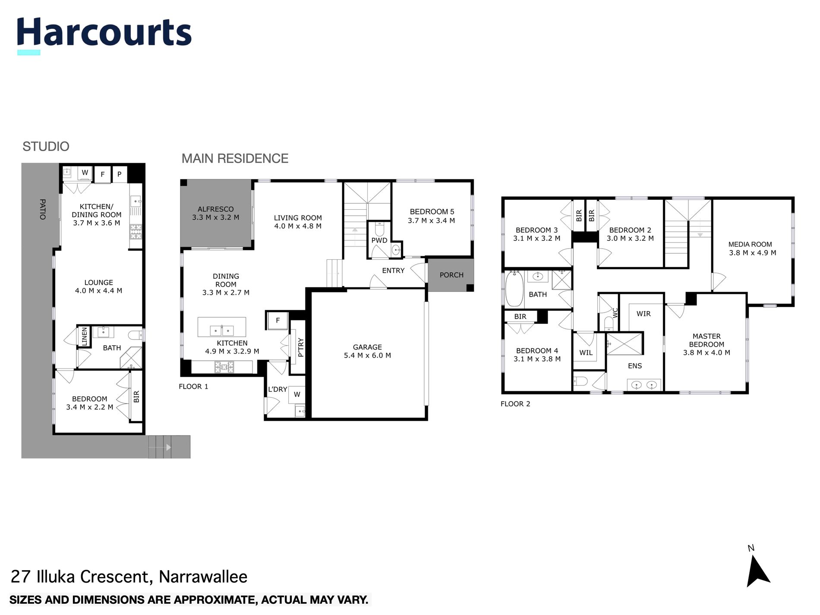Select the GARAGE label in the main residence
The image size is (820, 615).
[367, 347]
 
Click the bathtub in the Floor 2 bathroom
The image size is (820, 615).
[514, 288]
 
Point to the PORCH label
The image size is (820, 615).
[451, 275]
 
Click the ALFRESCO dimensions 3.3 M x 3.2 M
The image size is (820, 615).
[216, 218]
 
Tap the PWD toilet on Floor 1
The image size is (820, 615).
[379, 228]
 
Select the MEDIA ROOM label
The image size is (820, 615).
[750, 244]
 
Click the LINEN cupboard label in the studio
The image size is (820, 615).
[85, 336]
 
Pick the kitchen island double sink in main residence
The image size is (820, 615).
[221, 330]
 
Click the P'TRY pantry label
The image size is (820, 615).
[301, 347]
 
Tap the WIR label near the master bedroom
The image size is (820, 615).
[643, 314]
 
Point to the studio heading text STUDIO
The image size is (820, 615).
[46, 147]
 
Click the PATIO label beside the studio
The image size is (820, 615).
[42, 209]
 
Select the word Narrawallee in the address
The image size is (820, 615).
[203, 577]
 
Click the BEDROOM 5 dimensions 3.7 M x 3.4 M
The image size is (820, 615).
[432, 221]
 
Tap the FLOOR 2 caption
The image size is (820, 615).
[515, 404]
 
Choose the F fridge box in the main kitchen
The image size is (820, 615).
[278, 320]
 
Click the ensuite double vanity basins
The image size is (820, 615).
[643, 385]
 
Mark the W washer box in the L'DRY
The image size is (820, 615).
[297, 394]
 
